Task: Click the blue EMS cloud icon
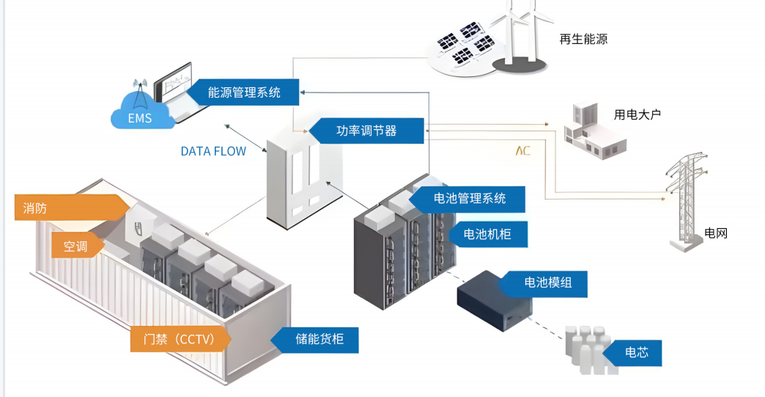pos(140,114)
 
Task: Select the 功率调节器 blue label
pos(366,131)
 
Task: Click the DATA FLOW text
pos(213,151)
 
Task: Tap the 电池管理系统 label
pos(469,198)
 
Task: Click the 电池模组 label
pos(547,283)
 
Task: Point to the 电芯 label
pos(635,352)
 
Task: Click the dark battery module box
pos(490,299)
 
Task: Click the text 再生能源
pos(583,39)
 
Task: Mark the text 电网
pos(716,233)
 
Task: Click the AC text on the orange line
pos(523,151)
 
